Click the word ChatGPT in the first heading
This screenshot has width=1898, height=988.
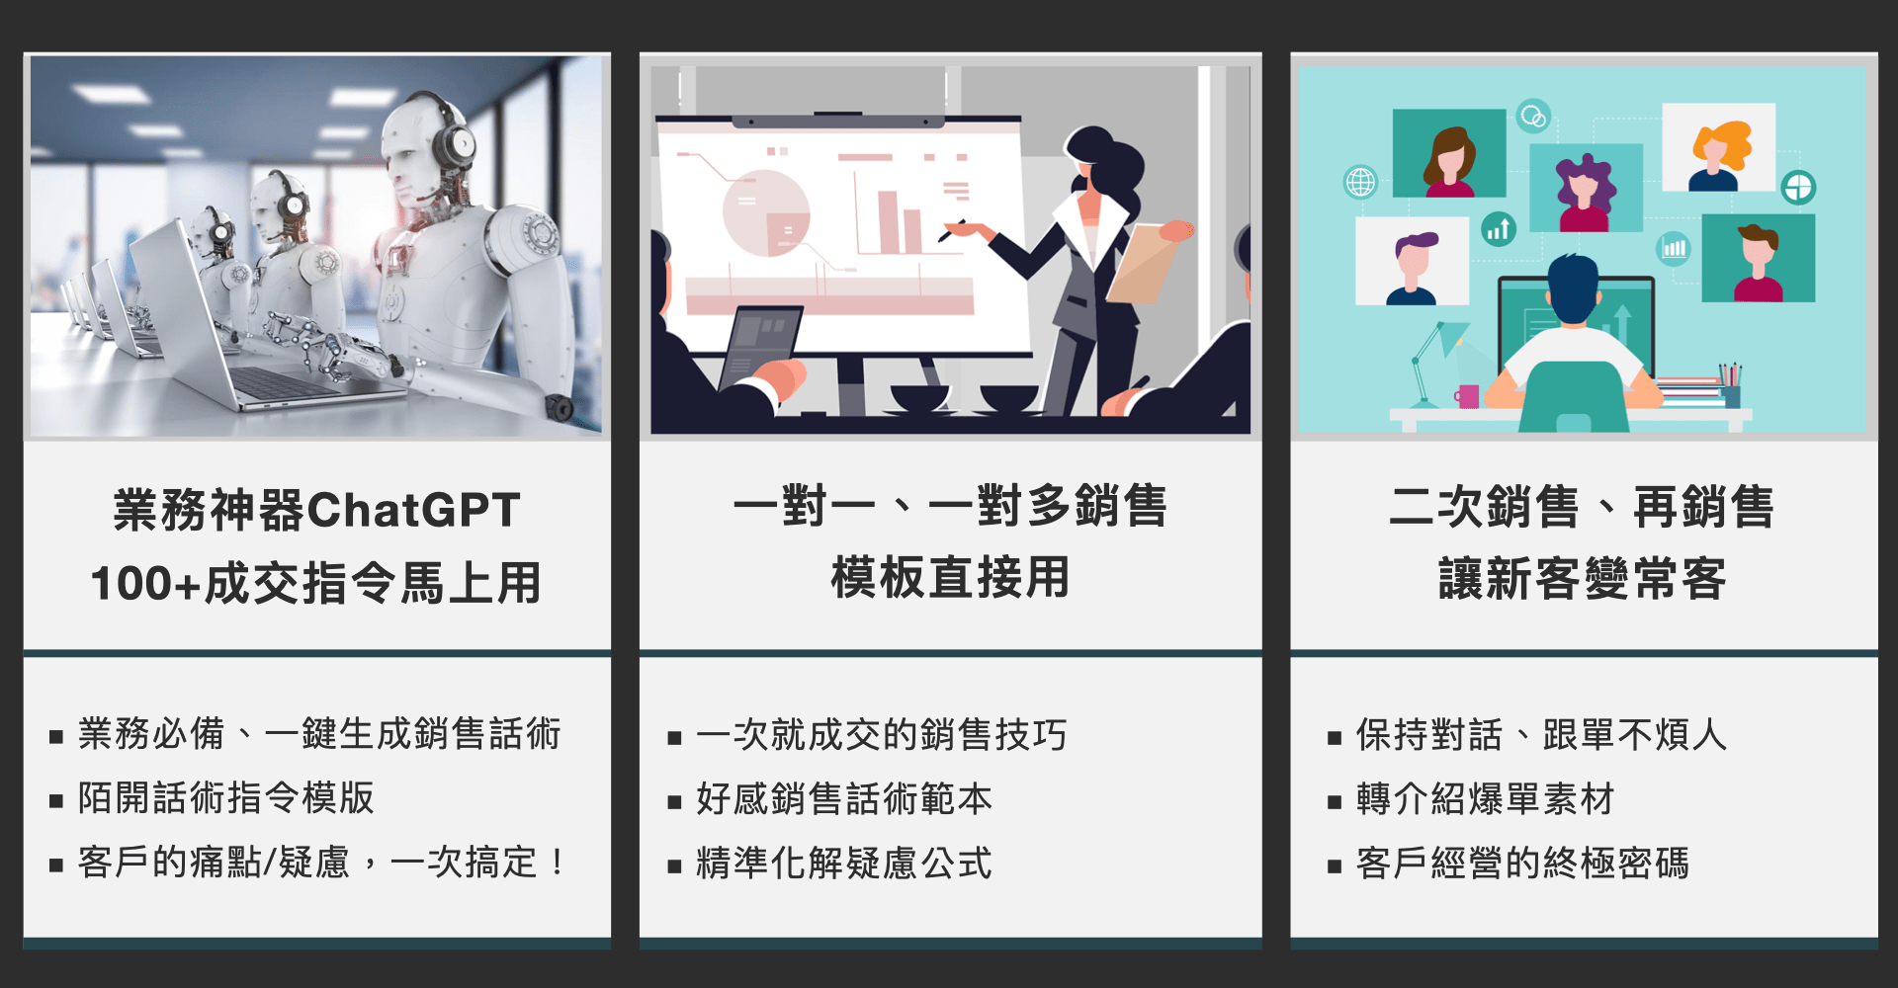(413, 510)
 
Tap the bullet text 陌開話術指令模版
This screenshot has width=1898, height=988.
(226, 797)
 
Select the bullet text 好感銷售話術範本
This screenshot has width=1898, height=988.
(844, 798)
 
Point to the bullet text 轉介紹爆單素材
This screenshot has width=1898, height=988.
(1485, 798)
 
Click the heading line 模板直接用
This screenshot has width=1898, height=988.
(950, 577)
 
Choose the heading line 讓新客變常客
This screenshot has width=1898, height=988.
(1583, 578)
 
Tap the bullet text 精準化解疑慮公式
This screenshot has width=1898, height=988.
(844, 863)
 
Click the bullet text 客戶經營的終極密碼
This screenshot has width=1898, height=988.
(1522, 863)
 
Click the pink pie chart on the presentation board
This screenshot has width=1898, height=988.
(766, 212)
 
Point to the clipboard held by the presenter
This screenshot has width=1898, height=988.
(1147, 262)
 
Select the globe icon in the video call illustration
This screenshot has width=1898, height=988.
(1360, 182)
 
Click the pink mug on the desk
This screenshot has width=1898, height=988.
(1467, 396)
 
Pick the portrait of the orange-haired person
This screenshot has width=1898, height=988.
(1719, 147)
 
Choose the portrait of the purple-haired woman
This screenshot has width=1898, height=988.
(1586, 188)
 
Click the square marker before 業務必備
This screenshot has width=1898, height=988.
(56, 737)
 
